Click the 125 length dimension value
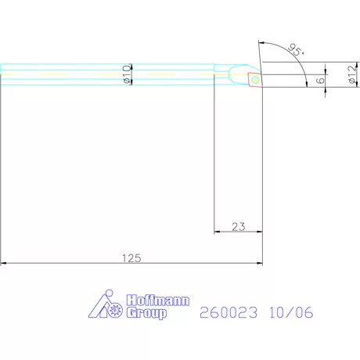click(131, 258)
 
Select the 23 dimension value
click(239, 227)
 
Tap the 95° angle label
click(296, 49)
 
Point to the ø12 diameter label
click(352, 74)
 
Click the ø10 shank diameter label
click(127, 74)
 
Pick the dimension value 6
click(320, 81)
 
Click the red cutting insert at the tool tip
click(255, 80)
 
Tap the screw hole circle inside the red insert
click(255, 80)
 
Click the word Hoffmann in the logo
click(158, 301)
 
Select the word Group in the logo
click(146, 312)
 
